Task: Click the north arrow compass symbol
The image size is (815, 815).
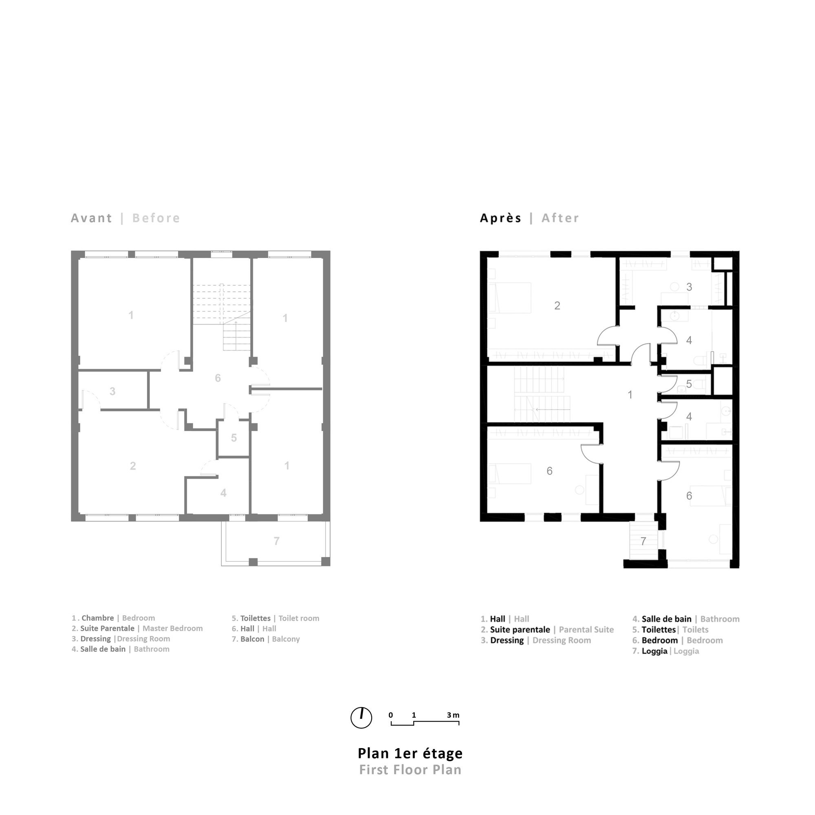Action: [x=361, y=718]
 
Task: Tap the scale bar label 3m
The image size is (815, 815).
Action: [x=453, y=715]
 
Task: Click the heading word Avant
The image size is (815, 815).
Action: [x=91, y=218]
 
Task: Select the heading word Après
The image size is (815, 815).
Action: [x=501, y=218]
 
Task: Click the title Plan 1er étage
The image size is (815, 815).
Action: [x=410, y=753]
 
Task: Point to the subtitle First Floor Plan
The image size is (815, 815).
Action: [x=410, y=770]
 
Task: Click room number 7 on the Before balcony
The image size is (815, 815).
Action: [x=276, y=541]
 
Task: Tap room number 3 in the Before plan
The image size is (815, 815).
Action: [x=112, y=391]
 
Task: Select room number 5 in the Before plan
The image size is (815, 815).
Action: [x=233, y=438]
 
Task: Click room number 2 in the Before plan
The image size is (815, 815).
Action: [x=133, y=466]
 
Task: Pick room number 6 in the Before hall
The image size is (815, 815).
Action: [x=218, y=378]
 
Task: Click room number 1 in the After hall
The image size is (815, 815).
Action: [x=630, y=395]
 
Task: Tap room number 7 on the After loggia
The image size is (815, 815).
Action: [x=643, y=541]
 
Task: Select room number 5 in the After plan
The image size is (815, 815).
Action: [x=689, y=384]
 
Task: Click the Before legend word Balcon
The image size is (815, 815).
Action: [x=252, y=639]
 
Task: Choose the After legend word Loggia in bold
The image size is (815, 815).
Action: [x=654, y=651]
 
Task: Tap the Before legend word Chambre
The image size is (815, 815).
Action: [x=97, y=618]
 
